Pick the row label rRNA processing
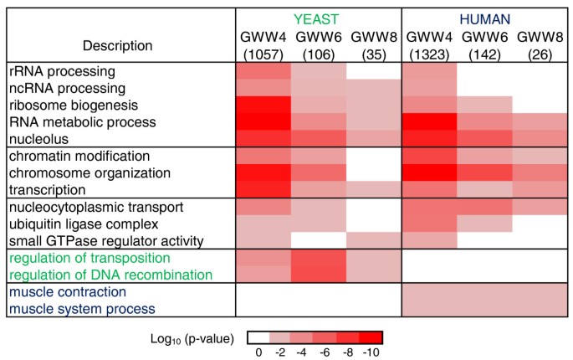tap(58, 71)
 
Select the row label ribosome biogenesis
tap(66, 105)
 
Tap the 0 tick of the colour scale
tap(258, 352)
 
